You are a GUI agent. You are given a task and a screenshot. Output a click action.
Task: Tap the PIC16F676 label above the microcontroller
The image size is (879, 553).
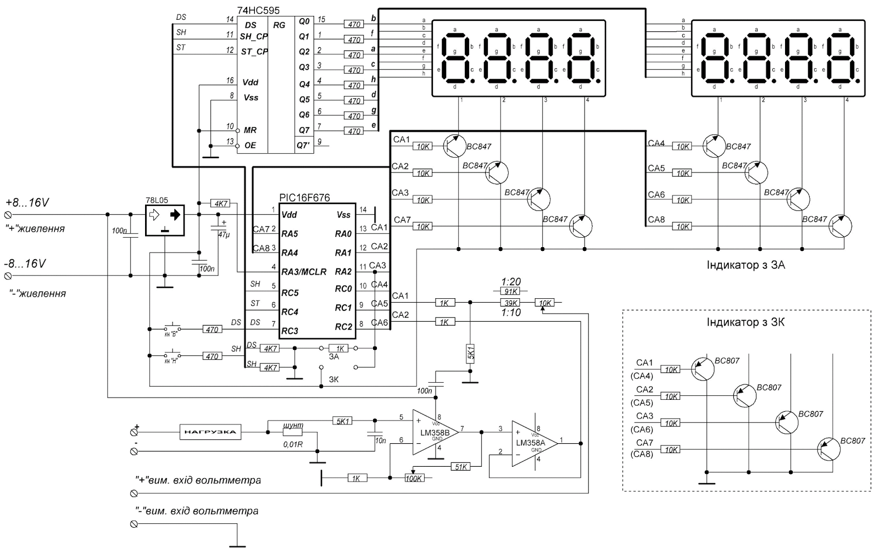[305, 198]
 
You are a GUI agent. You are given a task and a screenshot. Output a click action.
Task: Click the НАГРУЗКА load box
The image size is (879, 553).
[211, 432]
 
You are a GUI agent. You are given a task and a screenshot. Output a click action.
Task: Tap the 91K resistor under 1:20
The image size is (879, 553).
[511, 292]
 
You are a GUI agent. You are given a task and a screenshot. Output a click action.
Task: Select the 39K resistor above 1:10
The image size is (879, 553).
[511, 303]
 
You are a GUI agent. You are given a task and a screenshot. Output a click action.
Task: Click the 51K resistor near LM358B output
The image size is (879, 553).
[460, 467]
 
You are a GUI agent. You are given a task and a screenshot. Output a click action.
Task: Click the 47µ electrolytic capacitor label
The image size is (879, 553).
[224, 234]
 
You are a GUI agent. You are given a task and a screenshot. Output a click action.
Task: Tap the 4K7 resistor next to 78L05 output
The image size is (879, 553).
[221, 204]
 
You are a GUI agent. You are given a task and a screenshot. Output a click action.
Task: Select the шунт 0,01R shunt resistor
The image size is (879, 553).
[293, 433]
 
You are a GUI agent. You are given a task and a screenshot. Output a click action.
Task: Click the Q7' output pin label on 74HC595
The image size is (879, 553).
[303, 146]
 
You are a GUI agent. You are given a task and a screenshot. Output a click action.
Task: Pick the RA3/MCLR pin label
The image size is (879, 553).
[303, 272]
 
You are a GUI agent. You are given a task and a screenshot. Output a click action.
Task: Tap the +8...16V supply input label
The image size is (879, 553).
[27, 203]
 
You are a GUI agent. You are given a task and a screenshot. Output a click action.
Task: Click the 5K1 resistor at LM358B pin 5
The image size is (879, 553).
[343, 421]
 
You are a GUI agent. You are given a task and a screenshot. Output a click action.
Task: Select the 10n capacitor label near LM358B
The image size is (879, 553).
[379, 440]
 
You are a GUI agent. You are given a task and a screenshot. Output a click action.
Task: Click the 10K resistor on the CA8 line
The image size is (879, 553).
[682, 226]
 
